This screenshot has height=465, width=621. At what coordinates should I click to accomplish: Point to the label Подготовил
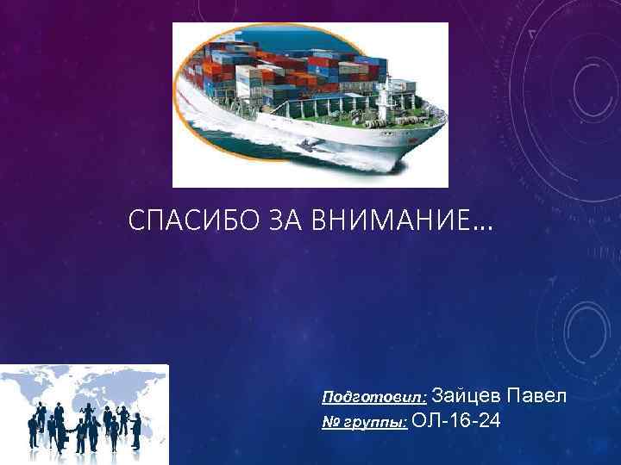(x=373, y=399)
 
